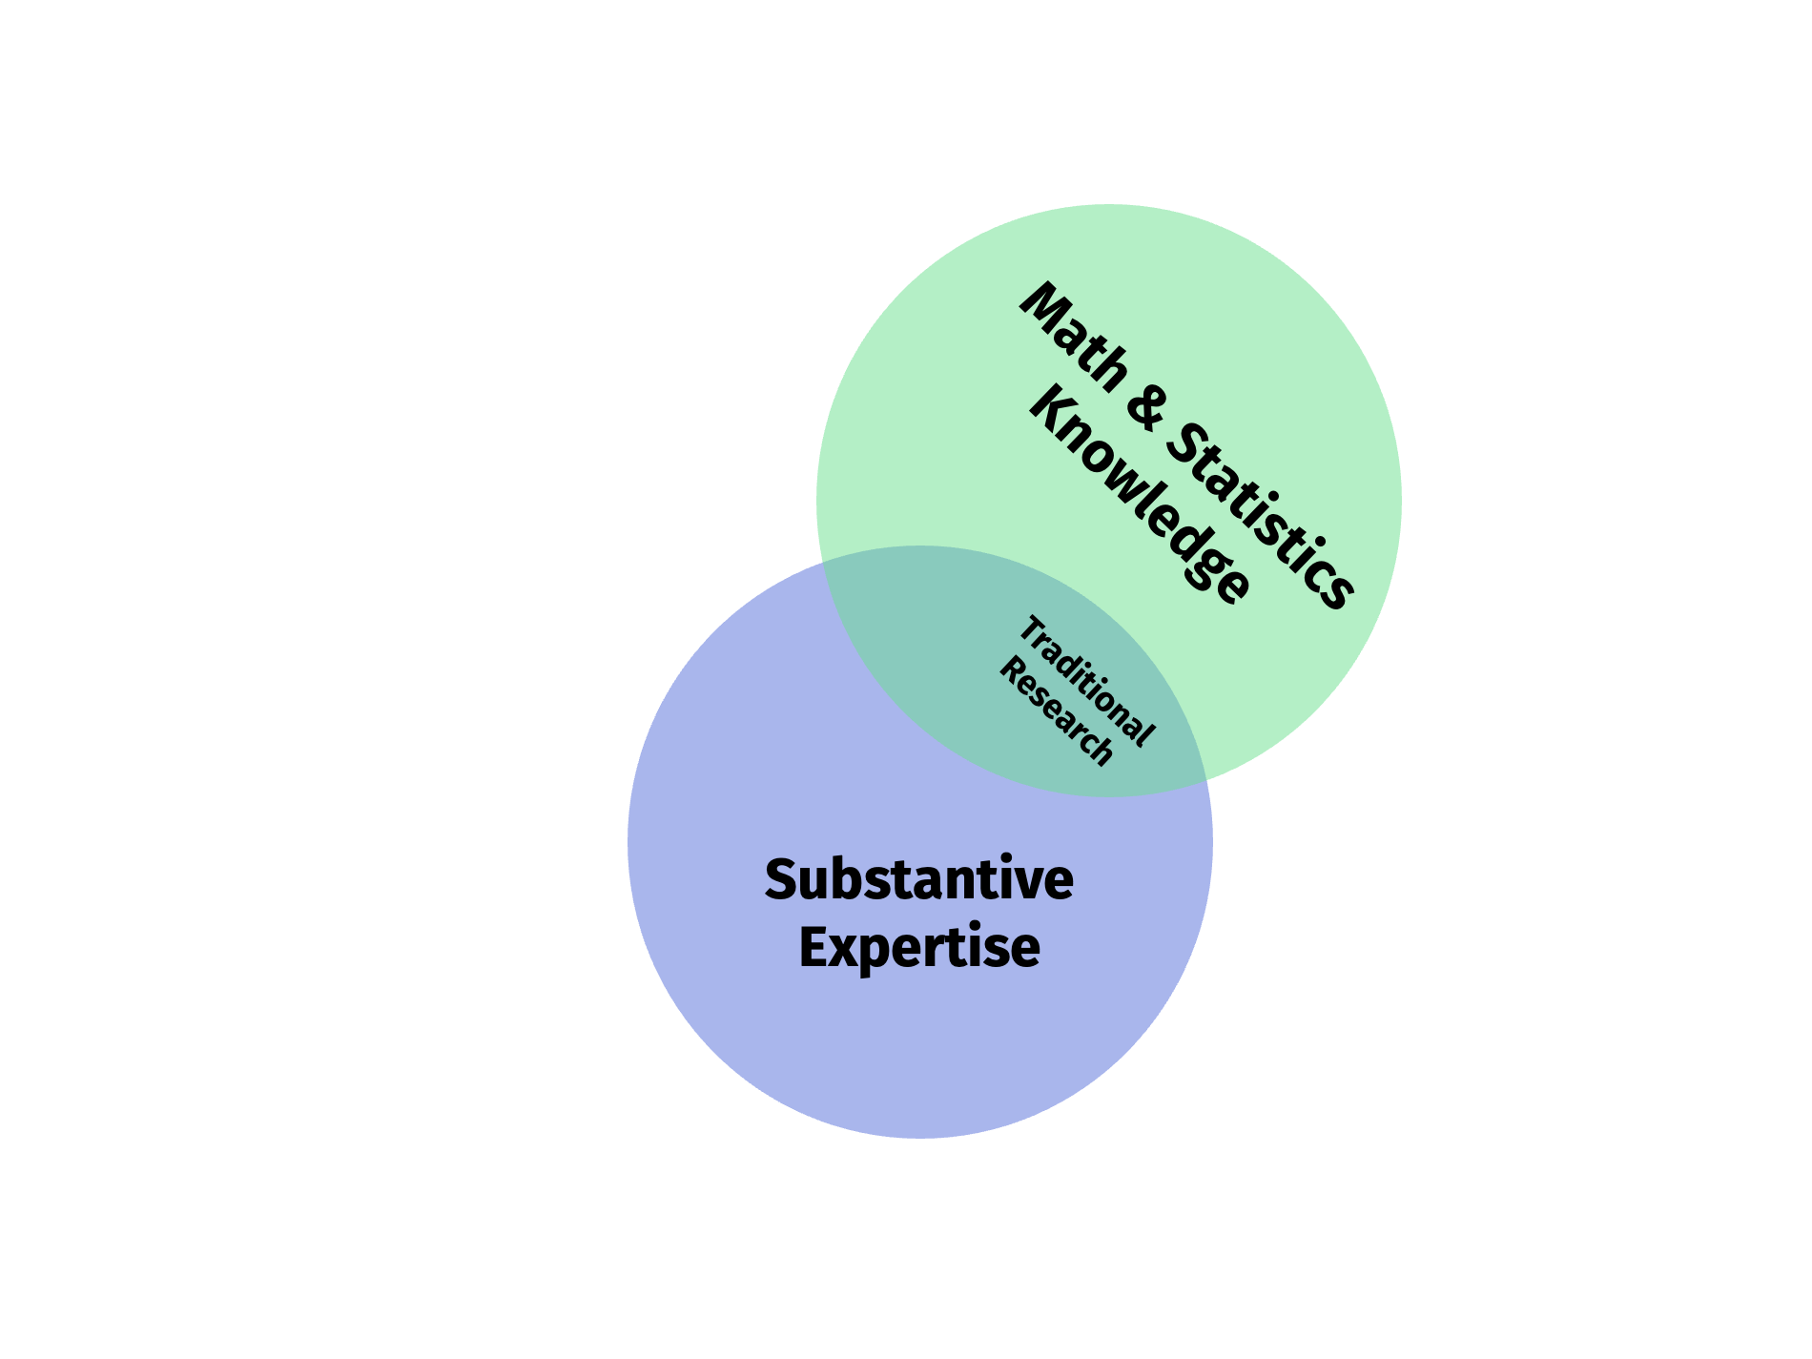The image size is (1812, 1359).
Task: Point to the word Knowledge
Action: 1140,496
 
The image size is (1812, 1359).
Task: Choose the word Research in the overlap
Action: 1056,712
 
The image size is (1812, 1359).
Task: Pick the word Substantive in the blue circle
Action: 919,879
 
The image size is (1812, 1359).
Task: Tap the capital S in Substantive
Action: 781,879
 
